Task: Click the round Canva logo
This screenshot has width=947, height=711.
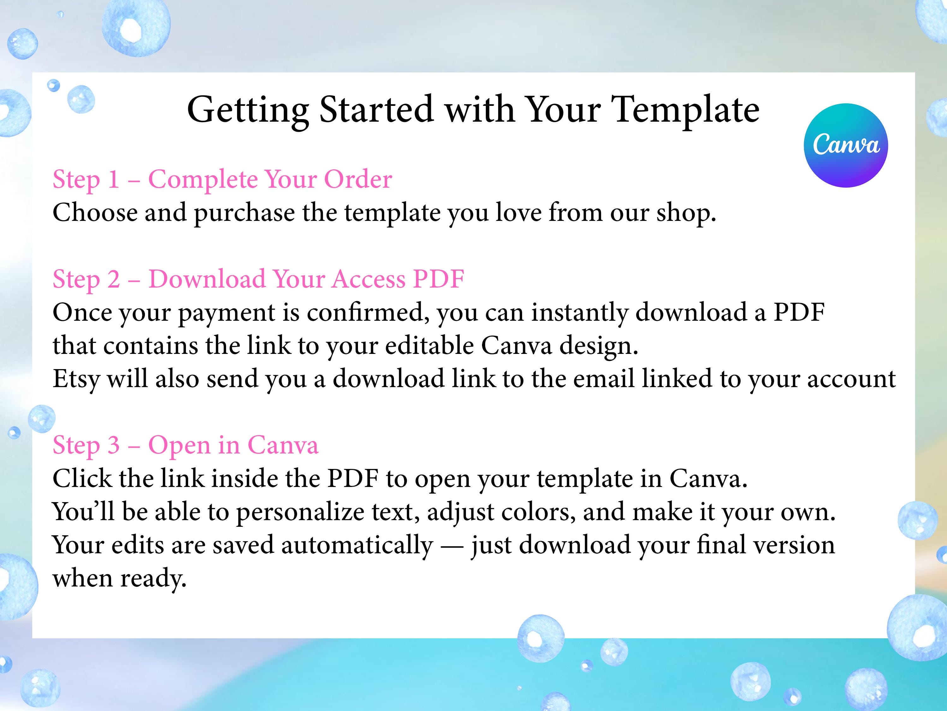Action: click(x=846, y=145)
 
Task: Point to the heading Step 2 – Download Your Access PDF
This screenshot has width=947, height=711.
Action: click(x=259, y=279)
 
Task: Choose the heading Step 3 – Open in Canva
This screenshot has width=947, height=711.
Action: click(x=185, y=446)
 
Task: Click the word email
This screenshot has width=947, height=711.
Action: click(x=604, y=379)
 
